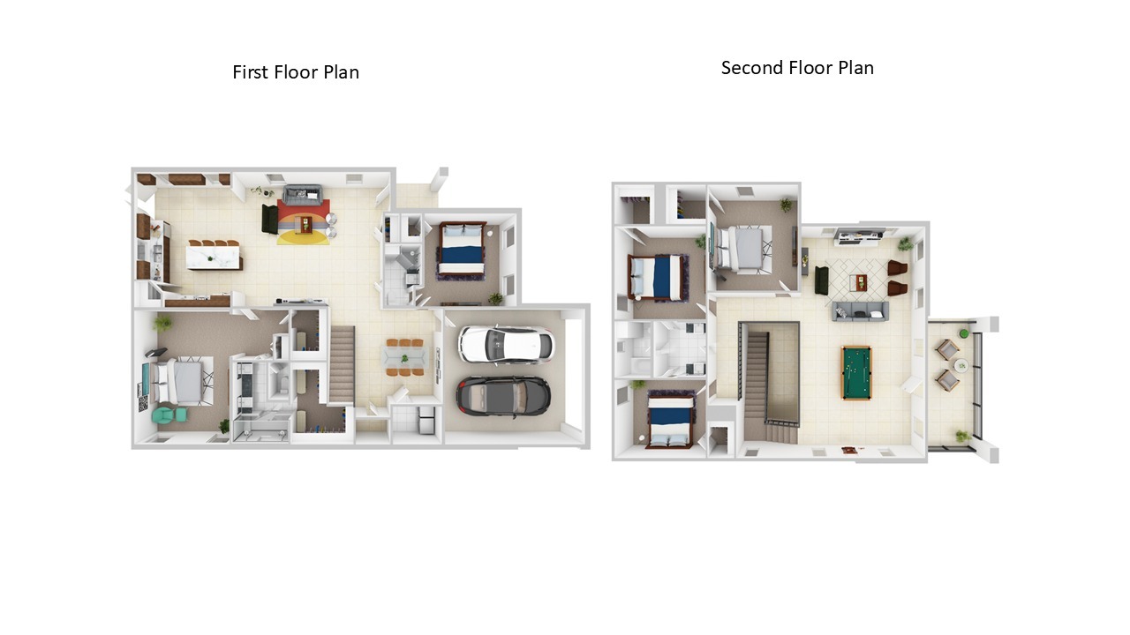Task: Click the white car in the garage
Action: (506, 345)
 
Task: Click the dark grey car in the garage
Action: (503, 396)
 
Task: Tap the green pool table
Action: (856, 372)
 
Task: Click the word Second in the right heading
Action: (752, 68)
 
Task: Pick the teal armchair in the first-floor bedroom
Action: (169, 415)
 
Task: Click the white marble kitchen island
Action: (213, 256)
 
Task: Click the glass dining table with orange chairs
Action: (404, 358)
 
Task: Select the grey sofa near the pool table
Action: (860, 311)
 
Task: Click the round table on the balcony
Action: (960, 365)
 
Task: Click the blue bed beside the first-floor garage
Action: (462, 250)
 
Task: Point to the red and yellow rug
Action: (304, 221)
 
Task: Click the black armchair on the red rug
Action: (270, 219)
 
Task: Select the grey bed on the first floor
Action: (182, 381)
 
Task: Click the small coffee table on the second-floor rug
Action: (859, 282)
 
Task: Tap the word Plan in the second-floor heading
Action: (856, 68)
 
